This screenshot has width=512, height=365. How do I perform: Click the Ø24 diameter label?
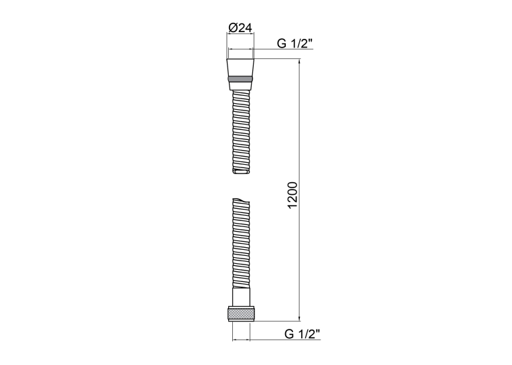pyautogui.click(x=240, y=28)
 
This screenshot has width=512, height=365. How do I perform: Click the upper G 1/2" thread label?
pyautogui.click(x=295, y=43)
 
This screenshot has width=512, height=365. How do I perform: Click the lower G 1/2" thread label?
pyautogui.click(x=303, y=334)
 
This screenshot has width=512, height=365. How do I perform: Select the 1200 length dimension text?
pyautogui.click(x=292, y=195)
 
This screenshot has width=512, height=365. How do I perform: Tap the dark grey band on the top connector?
pyautogui.click(x=240, y=79)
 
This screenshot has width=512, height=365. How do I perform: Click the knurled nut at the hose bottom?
pyautogui.click(x=241, y=313)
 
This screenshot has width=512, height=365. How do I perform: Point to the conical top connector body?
pyautogui.click(x=240, y=68)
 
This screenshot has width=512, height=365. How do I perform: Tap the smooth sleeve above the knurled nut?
pyautogui.click(x=241, y=297)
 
